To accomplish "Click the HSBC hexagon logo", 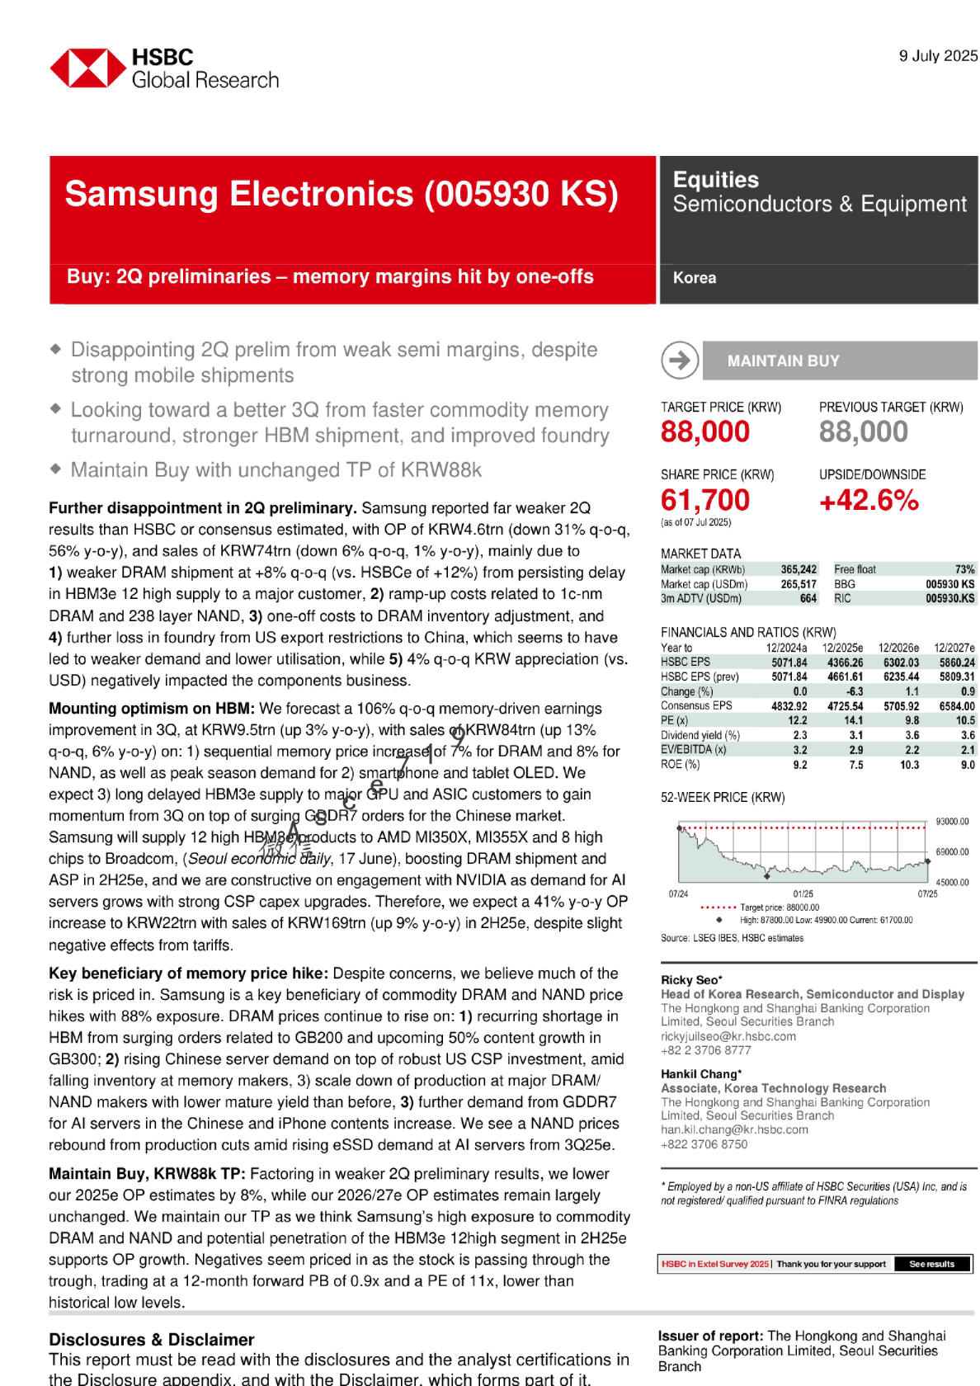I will (87, 68).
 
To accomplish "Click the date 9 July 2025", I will (938, 56).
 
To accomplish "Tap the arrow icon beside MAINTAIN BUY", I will (680, 361).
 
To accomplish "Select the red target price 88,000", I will (705, 431).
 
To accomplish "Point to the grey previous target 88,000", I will (863, 431).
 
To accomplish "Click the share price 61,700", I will (705, 500).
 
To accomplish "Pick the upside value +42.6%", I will (869, 500).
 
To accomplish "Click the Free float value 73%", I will (964, 569).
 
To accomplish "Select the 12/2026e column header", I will (898, 648).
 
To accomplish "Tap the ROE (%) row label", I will (681, 765).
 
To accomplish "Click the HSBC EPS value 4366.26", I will (845, 662).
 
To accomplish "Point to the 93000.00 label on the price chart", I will (952, 822).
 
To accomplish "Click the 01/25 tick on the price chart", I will (803, 894).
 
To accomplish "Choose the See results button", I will (931, 1264).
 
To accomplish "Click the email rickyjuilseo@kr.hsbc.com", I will (728, 1036).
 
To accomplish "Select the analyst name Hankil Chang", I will (699, 1074).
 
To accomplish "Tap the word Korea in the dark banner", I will (695, 278).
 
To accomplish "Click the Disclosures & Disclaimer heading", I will (152, 1340).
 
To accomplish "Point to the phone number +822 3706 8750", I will (704, 1144).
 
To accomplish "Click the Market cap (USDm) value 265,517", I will (799, 584).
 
